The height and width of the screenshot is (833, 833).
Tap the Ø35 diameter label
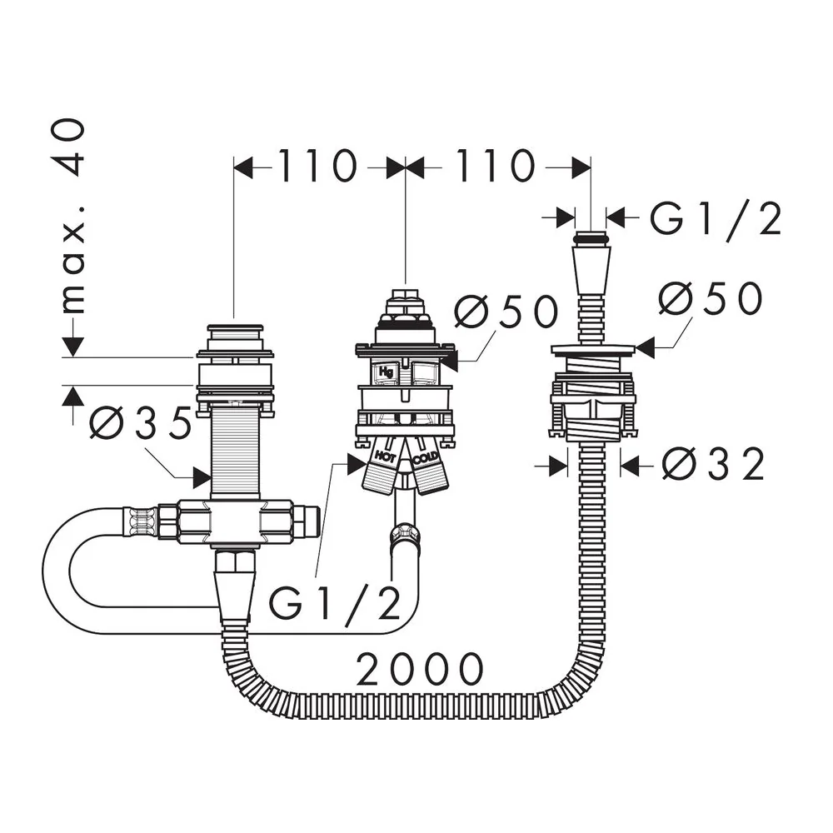tap(140, 423)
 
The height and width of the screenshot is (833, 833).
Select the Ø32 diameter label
tap(714, 465)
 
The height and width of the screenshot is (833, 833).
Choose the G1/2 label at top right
tap(716, 218)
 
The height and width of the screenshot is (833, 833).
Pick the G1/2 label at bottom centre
tap(335, 603)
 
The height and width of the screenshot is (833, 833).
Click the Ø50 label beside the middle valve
tap(506, 312)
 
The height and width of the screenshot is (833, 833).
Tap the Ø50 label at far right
tap(711, 298)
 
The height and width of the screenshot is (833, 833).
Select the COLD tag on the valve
tap(426, 458)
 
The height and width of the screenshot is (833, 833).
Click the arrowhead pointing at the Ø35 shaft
tap(202, 477)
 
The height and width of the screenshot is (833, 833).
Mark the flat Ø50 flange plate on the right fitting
tap(592, 350)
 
